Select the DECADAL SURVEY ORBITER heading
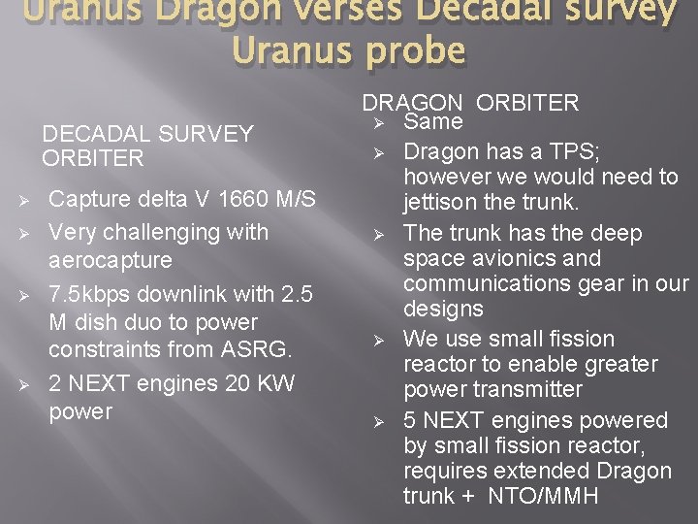point(147,146)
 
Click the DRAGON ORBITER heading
point(470,103)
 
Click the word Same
point(432,122)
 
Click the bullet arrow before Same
point(380,123)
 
